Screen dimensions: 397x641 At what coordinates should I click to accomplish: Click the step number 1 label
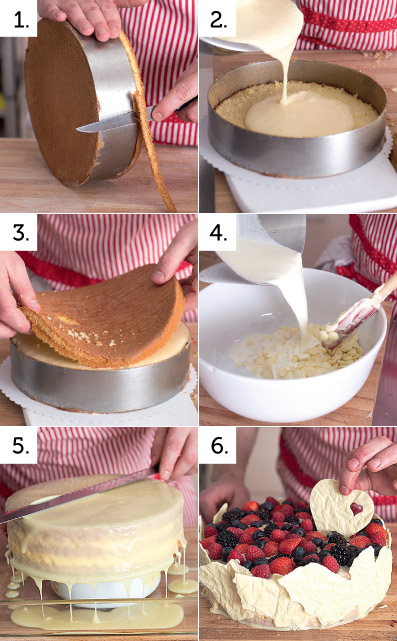point(21,20)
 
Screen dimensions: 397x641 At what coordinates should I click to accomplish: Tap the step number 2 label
point(219,20)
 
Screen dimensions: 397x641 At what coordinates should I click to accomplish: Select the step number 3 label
point(21,233)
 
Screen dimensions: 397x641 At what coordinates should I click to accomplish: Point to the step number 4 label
point(219,233)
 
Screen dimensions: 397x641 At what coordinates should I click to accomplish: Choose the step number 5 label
point(21,446)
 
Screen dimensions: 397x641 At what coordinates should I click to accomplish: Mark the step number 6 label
point(220,446)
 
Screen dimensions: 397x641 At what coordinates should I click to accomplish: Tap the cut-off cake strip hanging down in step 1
point(150,123)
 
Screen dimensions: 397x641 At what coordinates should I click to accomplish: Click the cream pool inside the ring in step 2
point(299,114)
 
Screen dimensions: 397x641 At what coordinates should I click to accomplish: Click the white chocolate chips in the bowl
point(294,352)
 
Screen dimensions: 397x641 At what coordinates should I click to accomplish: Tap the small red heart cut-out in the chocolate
point(356,509)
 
